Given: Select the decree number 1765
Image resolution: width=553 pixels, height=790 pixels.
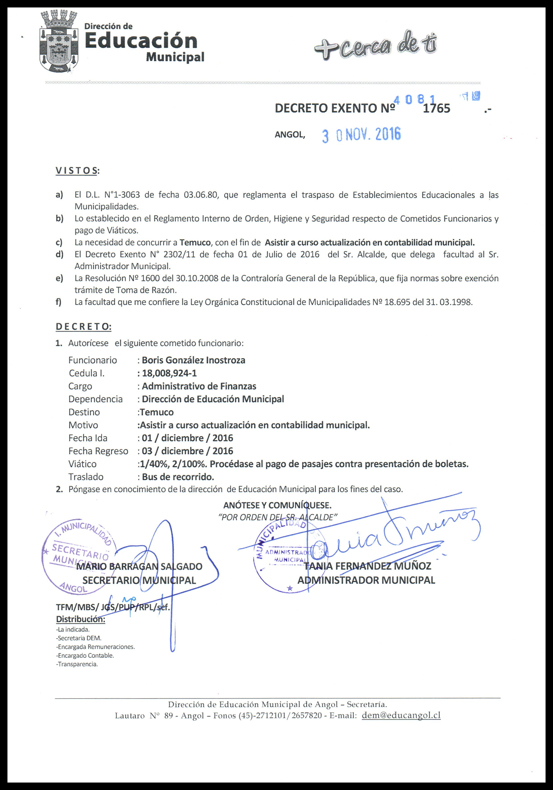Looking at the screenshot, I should (x=436, y=108).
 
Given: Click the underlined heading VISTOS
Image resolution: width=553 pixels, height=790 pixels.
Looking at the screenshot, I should (x=76, y=171).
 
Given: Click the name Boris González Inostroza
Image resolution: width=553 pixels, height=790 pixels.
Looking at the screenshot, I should (x=193, y=360).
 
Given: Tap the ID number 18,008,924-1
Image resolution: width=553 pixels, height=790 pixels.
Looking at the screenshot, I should (x=169, y=373).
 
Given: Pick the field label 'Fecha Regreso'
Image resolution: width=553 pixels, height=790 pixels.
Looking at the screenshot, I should (x=98, y=451).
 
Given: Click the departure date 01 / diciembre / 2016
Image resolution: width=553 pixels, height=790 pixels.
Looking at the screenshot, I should (x=187, y=438).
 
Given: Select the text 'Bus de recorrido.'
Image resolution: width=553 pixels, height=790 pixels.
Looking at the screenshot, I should (x=178, y=477).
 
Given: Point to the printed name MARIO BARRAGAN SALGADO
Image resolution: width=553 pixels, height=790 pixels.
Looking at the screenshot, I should (x=139, y=566).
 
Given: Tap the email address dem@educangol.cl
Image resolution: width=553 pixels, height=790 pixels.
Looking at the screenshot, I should (x=401, y=715).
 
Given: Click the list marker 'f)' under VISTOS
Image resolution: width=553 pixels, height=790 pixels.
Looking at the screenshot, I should (x=59, y=302).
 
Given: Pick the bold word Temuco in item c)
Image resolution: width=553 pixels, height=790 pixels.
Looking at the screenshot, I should (x=195, y=242).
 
